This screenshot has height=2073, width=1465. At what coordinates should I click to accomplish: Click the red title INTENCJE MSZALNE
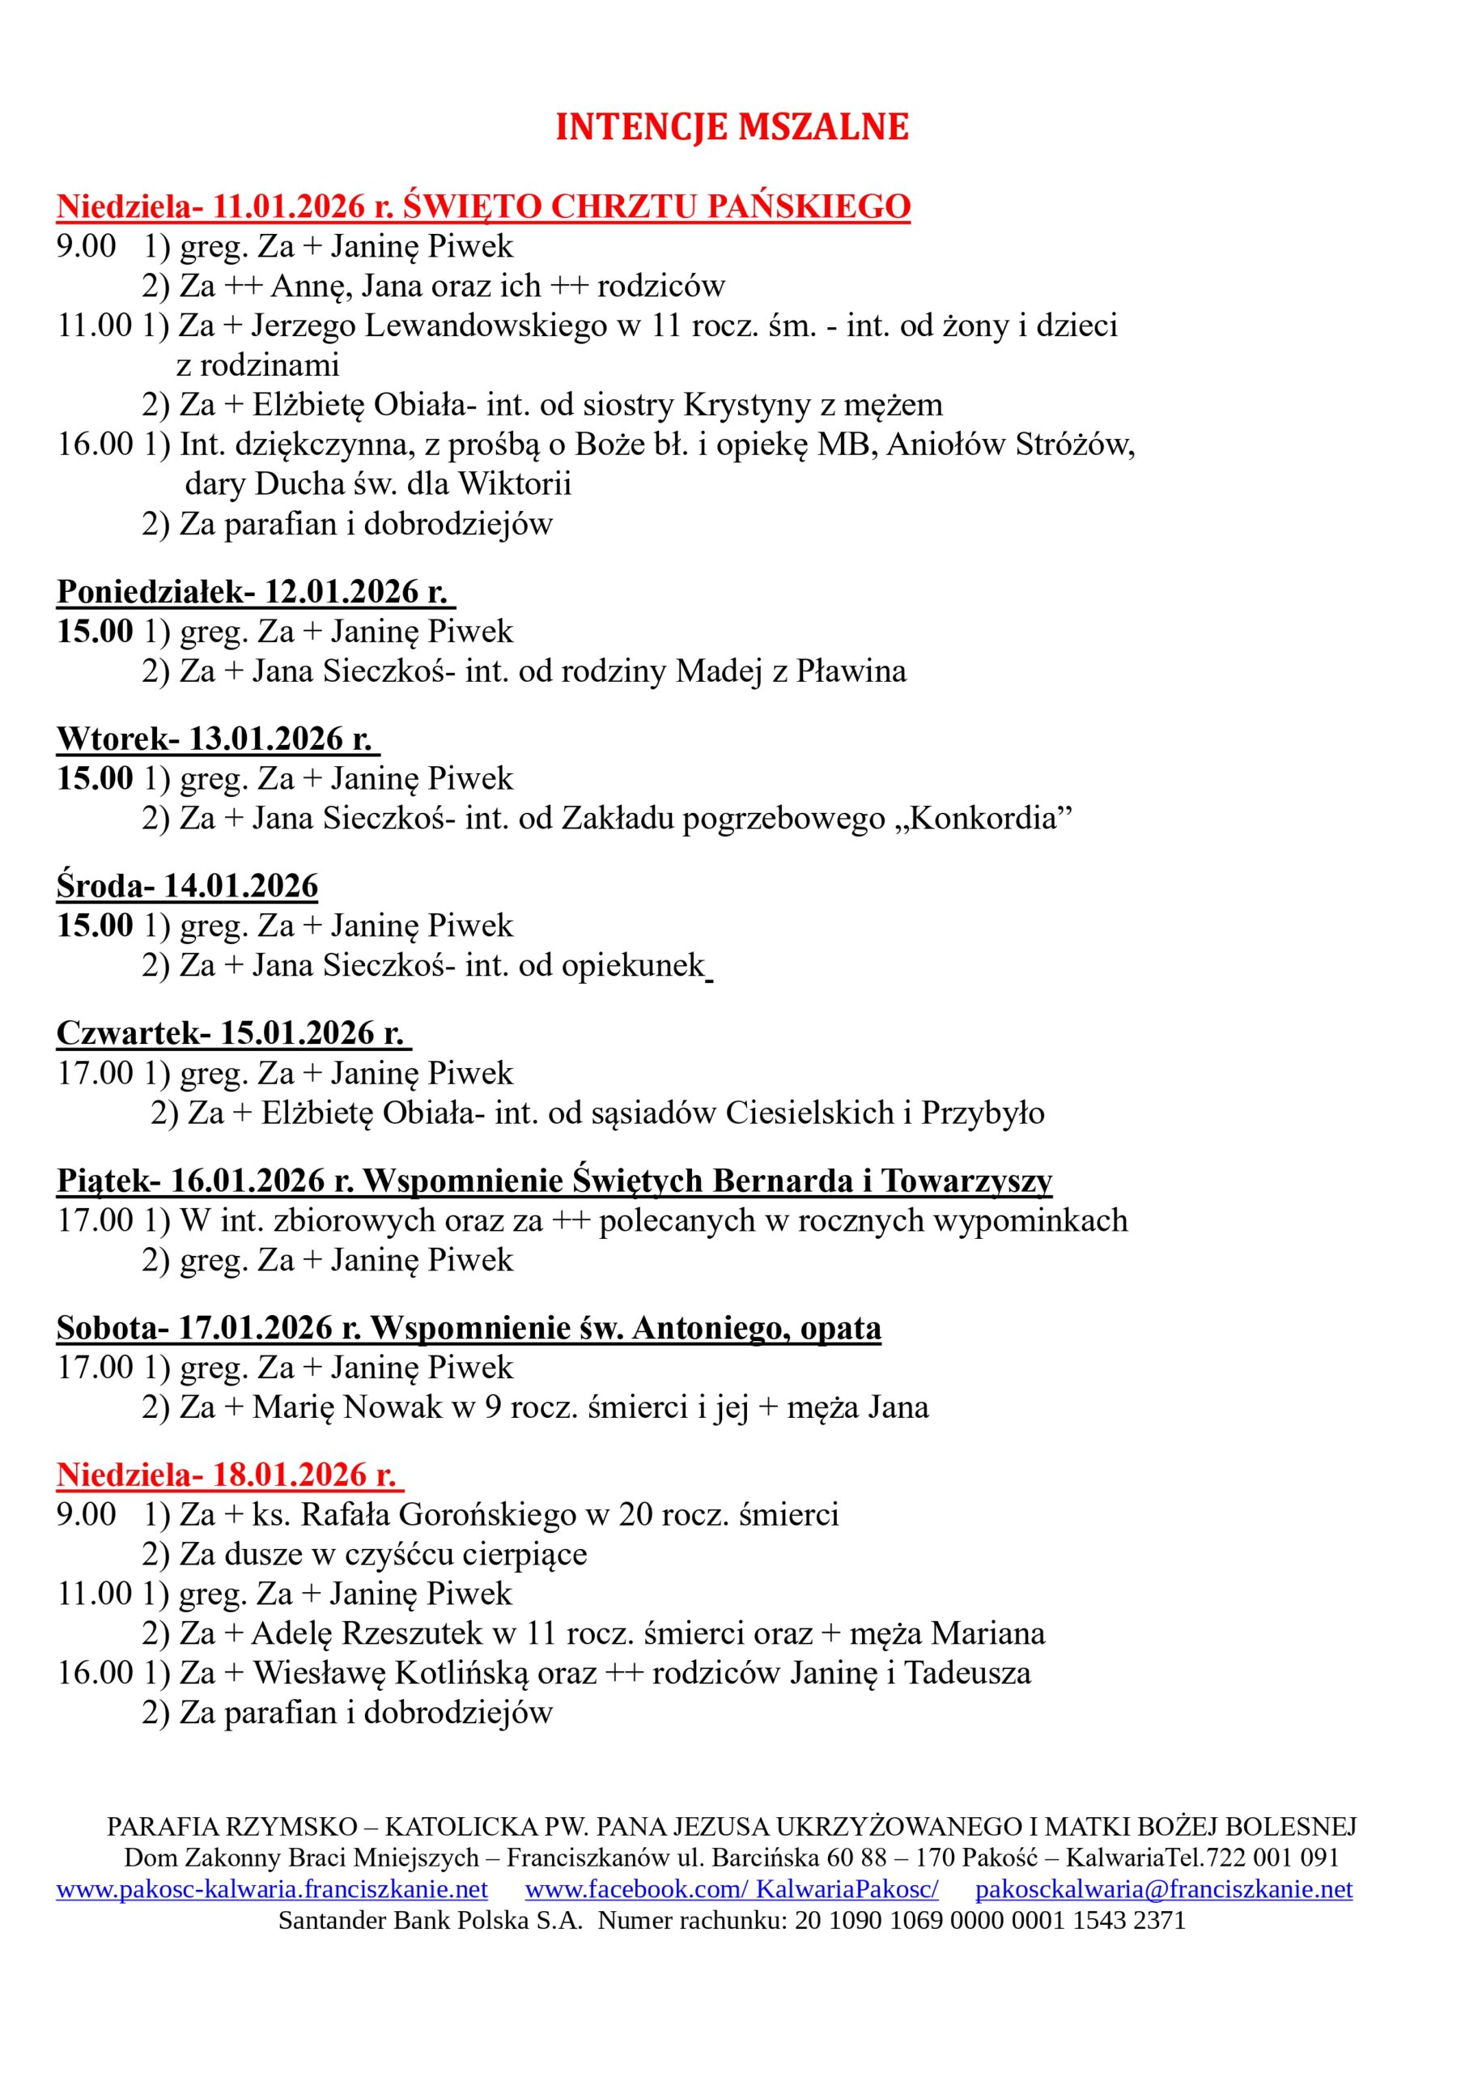(x=731, y=127)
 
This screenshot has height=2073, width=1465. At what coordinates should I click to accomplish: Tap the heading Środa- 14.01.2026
(x=188, y=886)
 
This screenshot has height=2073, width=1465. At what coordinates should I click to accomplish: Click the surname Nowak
(x=393, y=1407)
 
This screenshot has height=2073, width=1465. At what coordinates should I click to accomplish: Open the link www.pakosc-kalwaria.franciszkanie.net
(x=272, y=1889)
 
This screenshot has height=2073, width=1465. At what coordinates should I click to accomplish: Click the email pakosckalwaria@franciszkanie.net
(x=1164, y=1889)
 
